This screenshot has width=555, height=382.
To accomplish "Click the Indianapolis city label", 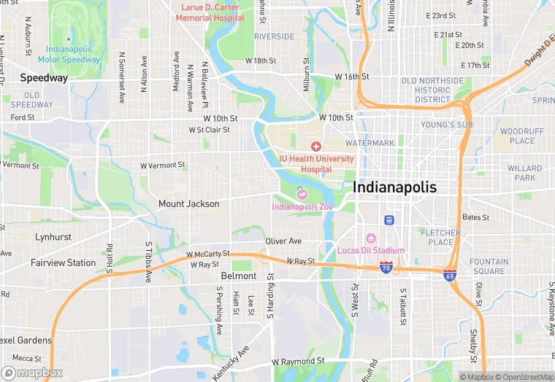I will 394,187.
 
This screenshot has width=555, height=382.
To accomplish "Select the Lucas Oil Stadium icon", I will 370,238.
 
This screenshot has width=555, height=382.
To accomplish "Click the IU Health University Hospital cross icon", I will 316,147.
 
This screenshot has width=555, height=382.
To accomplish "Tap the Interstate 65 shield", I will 451,275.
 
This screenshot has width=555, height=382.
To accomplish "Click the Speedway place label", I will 44,77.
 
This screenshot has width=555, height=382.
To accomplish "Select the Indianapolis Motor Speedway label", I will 69,53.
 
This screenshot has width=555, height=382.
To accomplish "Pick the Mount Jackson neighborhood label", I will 189,204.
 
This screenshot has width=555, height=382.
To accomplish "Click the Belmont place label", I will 239,276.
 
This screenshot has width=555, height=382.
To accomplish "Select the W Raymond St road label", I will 298,362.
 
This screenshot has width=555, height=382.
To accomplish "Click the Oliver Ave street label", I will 283,241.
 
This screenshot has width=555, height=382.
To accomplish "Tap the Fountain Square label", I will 488,267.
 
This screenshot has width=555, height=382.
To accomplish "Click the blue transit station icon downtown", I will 389,219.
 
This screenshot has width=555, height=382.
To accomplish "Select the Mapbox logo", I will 32,373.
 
